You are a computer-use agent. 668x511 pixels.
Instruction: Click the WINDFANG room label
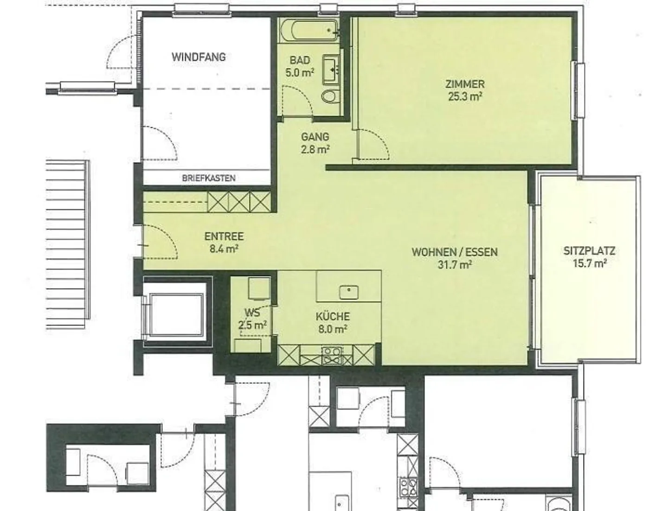(199, 57)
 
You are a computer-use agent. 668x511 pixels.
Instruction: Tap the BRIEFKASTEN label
(208, 178)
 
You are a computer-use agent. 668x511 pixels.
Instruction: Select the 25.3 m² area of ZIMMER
(465, 97)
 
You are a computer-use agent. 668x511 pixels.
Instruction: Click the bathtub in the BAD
(309, 31)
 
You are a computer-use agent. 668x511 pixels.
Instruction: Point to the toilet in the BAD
(330, 96)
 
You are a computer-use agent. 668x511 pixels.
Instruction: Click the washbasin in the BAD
(331, 67)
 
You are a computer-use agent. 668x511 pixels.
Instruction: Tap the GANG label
(315, 137)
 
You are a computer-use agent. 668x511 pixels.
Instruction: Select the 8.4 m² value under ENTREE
(224, 249)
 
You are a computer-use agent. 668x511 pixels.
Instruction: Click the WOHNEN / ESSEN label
(455, 252)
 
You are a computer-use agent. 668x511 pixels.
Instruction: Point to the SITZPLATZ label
(589, 251)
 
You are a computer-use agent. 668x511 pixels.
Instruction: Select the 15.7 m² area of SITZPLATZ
(589, 263)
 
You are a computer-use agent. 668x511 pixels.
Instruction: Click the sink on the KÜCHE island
(348, 292)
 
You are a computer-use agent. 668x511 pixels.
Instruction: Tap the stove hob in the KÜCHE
(332, 355)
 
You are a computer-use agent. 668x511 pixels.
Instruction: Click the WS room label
(252, 313)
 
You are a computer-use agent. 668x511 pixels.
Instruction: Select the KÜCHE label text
(333, 317)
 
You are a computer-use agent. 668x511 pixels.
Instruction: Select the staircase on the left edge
(68, 239)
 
